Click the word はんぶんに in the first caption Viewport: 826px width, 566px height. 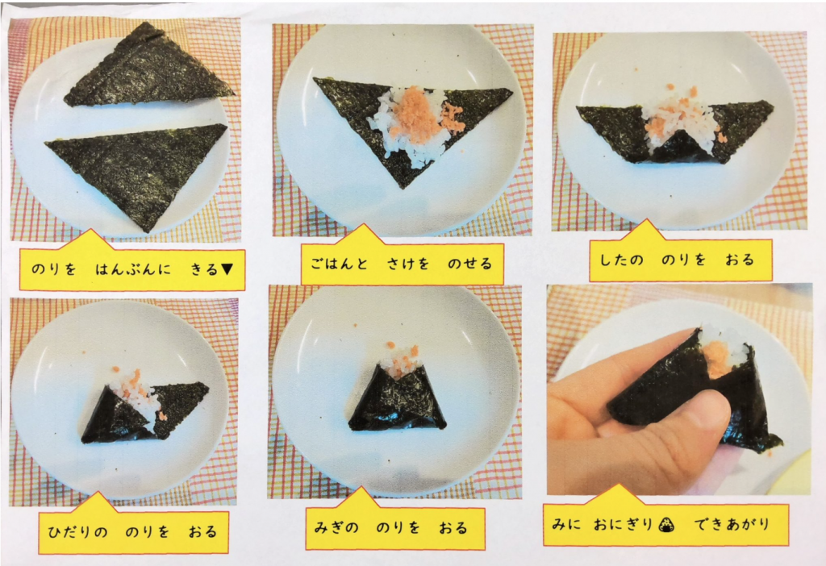pos(133,269)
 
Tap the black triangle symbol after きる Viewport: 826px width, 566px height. pos(227,269)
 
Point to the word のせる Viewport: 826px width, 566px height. pos(470,264)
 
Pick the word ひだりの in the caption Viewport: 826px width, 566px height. pos(77,532)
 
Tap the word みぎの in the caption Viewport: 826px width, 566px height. pos(336,527)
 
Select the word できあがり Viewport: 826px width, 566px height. pos(732,524)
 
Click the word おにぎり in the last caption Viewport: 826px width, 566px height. pos(624,524)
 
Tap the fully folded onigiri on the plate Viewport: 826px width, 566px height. pos(398,395)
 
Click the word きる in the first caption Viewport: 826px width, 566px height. pos(204,269)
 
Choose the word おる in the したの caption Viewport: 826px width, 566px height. pos(740,260)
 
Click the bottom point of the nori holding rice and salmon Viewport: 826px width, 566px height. pos(403,188)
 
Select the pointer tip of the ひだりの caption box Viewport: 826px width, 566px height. pos(98,493)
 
